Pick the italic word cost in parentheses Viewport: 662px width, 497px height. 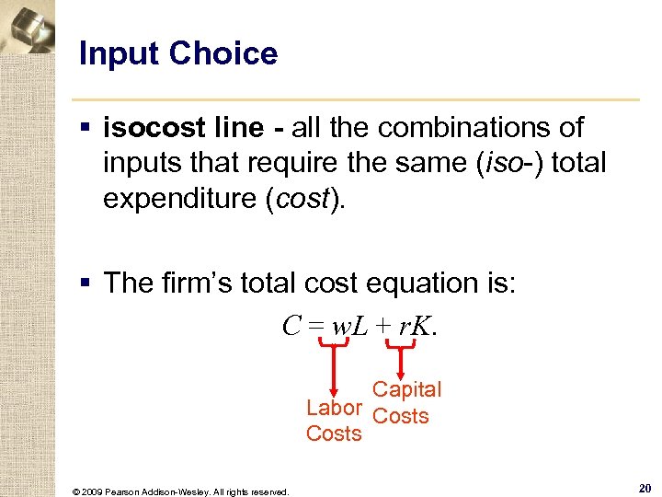pyautogui.click(x=304, y=200)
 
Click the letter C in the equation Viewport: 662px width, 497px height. pyautogui.click(x=291, y=324)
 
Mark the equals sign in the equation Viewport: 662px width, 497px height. pyautogui.click(x=313, y=325)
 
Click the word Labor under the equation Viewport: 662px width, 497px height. pyautogui.click(x=334, y=408)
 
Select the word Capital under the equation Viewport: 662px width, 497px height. pyautogui.click(x=406, y=389)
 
